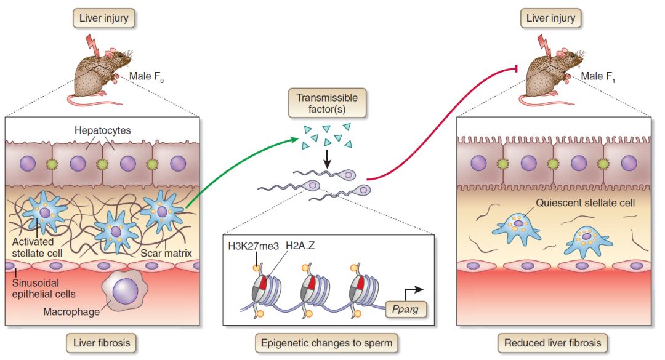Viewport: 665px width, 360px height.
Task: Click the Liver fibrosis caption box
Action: pos(103,342)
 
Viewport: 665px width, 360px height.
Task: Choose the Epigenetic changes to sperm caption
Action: pos(328,342)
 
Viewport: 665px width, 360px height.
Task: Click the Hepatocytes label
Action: pos(103,130)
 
